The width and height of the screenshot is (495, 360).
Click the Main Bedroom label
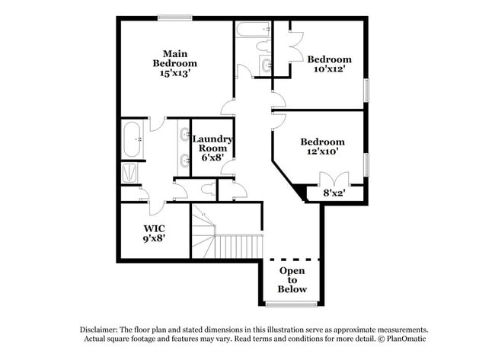click(x=175, y=59)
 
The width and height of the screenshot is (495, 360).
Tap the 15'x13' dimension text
click(x=175, y=73)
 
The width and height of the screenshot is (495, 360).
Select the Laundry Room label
click(x=212, y=144)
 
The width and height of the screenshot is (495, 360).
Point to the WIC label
click(x=154, y=228)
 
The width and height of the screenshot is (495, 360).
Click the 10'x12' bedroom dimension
click(x=329, y=68)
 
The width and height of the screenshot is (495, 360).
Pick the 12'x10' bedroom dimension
click(x=323, y=151)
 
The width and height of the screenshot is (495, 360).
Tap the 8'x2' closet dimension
click(x=334, y=193)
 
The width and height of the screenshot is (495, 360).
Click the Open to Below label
click(x=292, y=280)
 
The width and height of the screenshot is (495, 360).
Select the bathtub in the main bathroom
click(x=132, y=139)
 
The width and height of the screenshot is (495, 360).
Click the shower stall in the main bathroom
click(x=129, y=173)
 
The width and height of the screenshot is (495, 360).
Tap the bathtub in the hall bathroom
click(x=253, y=30)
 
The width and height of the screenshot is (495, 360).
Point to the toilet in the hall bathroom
click(x=263, y=46)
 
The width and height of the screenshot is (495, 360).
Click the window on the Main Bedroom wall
click(x=175, y=18)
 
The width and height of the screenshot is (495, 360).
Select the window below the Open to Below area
click(x=291, y=304)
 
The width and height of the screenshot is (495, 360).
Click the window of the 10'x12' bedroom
click(x=366, y=91)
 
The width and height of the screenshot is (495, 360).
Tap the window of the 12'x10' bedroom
click(x=366, y=164)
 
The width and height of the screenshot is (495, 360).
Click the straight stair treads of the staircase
click(x=239, y=247)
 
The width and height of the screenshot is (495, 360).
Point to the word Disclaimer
click(x=99, y=330)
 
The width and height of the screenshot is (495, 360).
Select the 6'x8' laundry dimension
click(x=212, y=157)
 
